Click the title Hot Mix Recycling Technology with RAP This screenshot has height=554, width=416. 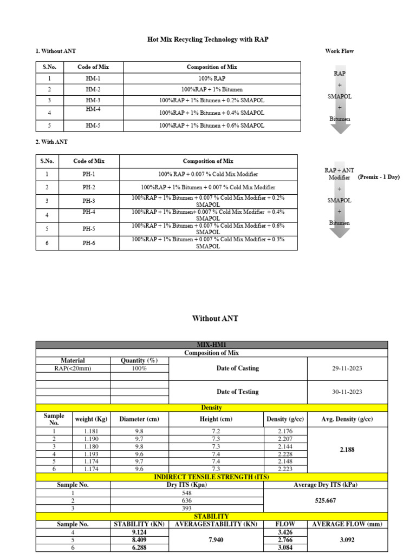[208, 39]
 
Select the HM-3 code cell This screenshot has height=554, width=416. [93, 101]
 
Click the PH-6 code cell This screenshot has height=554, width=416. [89, 243]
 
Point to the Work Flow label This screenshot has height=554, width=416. [339, 51]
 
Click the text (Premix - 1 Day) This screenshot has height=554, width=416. [379, 177]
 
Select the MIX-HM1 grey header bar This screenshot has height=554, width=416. [212, 345]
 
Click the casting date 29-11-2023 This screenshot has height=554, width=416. [347, 368]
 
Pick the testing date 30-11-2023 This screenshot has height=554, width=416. [347, 392]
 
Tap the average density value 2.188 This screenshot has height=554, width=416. [347, 450]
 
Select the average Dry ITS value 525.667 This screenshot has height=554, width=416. [326, 501]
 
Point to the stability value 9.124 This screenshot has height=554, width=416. [139, 532]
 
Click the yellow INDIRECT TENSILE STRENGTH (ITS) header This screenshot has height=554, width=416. [212, 477]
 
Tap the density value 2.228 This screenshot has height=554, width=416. [285, 454]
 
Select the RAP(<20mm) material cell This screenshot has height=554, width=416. [73, 368]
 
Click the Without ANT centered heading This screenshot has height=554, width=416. [215, 319]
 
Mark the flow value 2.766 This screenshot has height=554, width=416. [285, 540]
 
